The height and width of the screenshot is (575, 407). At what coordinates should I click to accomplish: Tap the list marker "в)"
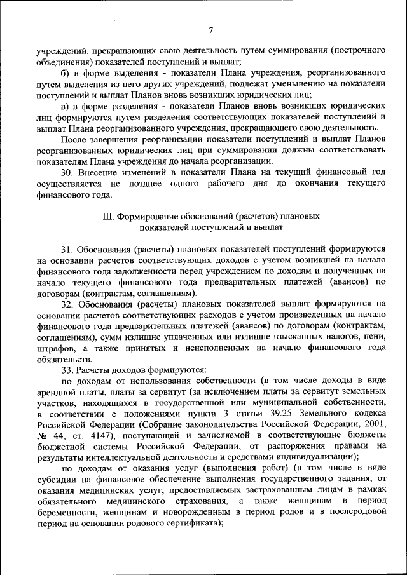click(64, 105)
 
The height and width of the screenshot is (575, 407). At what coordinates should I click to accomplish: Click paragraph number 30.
click(67, 173)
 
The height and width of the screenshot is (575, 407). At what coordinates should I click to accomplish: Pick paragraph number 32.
click(67, 304)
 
